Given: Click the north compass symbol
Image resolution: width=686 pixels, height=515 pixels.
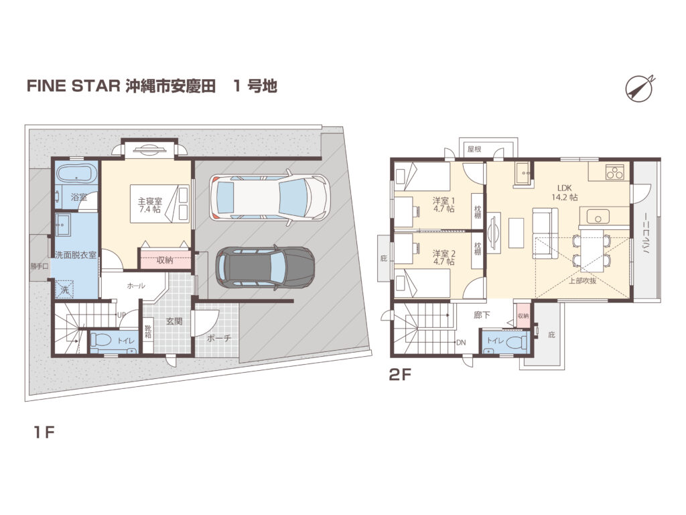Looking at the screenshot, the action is pos(639,89).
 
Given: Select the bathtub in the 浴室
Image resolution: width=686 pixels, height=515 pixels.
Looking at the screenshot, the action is pos(76,174).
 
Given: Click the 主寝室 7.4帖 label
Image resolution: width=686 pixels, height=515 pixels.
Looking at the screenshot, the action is pos(150,205).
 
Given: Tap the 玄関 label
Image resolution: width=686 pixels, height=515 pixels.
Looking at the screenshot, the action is pos(174,321).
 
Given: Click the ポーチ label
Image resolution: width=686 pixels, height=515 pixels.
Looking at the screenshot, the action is pos(218,338).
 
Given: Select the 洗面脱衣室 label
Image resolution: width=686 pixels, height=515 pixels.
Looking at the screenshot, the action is pos(75,255).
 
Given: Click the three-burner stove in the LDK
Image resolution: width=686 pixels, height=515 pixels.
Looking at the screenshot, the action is pos(614,172).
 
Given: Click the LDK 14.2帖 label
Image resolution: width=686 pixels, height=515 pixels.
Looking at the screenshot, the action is pos(564,192).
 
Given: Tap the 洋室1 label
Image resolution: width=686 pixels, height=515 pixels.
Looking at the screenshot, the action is pos(443,205).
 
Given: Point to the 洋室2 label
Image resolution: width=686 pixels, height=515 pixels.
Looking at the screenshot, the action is pos(444,257).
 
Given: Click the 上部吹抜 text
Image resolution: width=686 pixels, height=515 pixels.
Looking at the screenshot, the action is pos(582,281).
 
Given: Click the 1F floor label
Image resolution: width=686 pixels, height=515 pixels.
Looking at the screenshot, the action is pos(44,433).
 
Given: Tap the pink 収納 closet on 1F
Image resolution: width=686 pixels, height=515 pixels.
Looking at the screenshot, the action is pos(165,260).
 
